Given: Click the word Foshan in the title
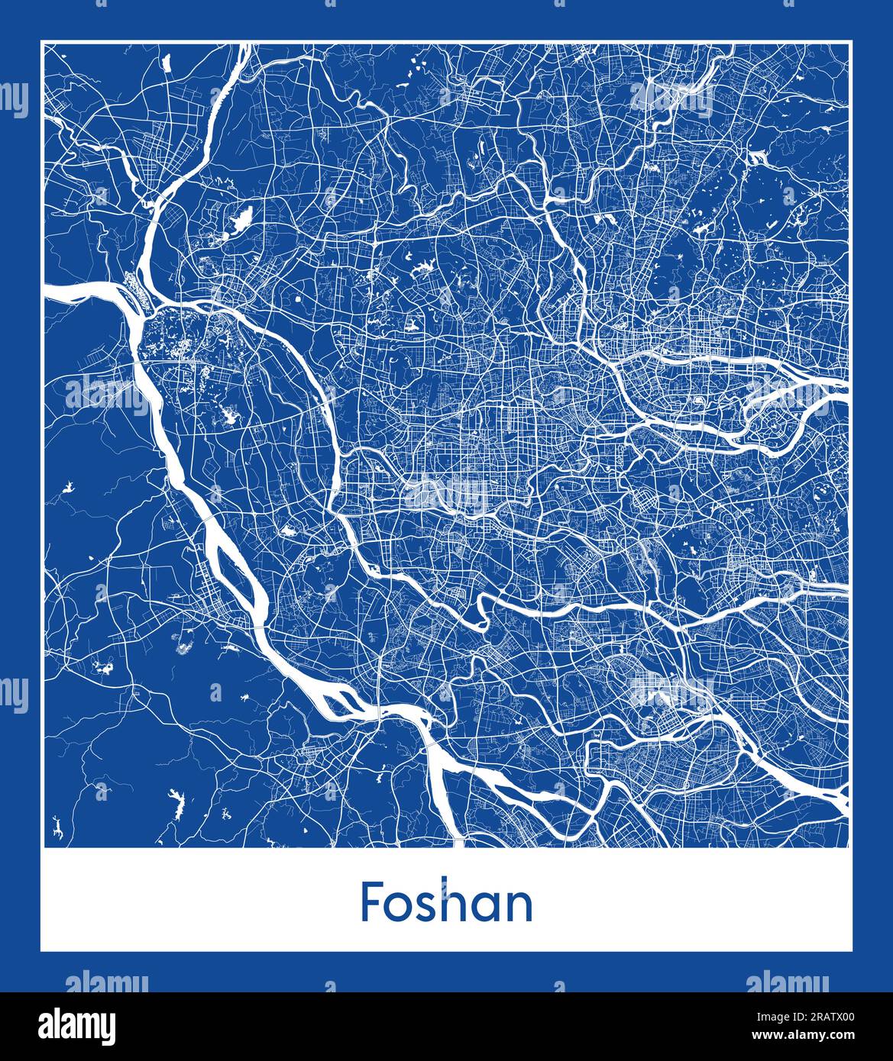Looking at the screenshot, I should pos(446,903).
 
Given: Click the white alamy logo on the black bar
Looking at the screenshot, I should pos(76,1025).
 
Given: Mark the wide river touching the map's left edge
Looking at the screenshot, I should pos(76,291).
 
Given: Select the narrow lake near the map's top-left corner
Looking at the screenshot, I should pos(167,63).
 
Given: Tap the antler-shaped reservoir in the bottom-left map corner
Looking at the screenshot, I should pos(57,827).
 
